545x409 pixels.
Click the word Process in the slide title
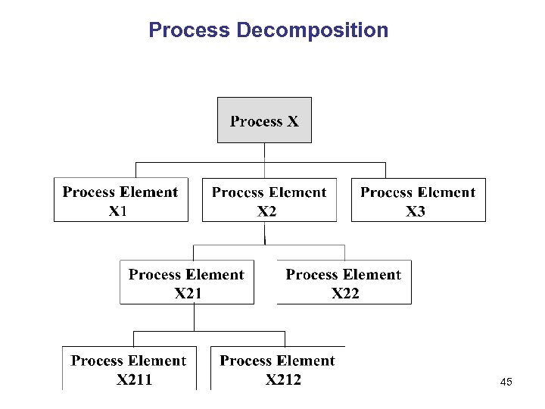tap(189, 30)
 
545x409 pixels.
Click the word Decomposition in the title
tap(313, 30)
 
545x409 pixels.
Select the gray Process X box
tap(264, 120)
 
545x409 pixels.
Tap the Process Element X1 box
tap(121, 200)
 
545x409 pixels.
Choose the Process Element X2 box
tap(269, 200)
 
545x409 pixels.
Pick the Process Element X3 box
tap(419, 200)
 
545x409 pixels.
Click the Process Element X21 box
tap(187, 283)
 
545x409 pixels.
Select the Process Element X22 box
tap(344, 283)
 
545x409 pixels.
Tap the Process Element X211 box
tap(129, 368)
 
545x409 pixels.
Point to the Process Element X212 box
tap(278, 368)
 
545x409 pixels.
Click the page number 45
tap(506, 383)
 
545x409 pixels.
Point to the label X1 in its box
tap(118, 211)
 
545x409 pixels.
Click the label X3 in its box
tap(416, 211)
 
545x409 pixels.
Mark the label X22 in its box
tap(345, 294)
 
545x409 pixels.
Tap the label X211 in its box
tap(134, 380)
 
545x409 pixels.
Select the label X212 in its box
tap(283, 380)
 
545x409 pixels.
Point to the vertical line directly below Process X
tap(264, 152)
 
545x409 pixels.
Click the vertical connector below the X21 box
tap(195, 317)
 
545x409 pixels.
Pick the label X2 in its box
tap(267, 211)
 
